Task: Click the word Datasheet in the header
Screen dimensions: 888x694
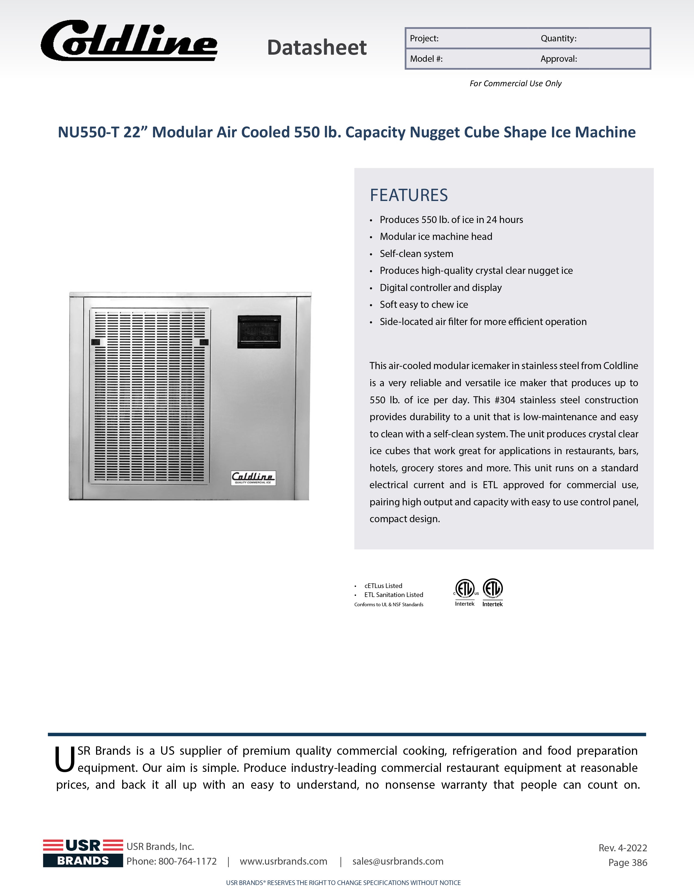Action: [317, 48]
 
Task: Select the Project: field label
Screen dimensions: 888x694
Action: [424, 39]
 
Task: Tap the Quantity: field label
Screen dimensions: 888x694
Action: [558, 39]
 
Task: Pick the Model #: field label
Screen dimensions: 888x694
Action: [426, 59]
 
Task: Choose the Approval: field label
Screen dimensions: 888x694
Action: [558, 59]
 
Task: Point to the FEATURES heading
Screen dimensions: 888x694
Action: [409, 195]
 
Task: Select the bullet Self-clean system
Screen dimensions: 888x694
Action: [416, 254]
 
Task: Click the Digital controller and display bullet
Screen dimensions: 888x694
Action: [441, 288]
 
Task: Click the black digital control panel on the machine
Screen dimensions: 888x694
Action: [259, 332]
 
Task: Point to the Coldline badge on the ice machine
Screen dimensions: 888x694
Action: [253, 478]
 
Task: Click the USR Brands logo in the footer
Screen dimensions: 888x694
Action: [83, 853]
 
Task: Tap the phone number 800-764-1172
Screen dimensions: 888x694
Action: [187, 861]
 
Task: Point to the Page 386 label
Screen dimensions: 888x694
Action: [627, 862]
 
